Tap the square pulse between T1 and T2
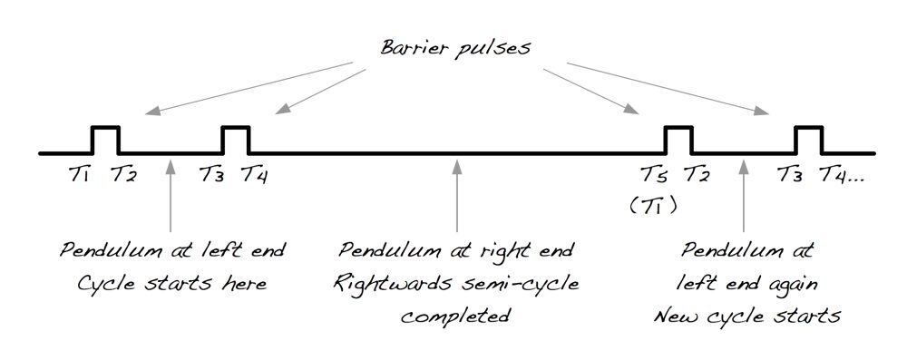pos(105,141)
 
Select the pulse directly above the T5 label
pos(678,141)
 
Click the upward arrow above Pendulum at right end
pos(457,195)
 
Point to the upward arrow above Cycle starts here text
pos(171,195)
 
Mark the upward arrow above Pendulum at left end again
pos(744,195)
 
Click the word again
pos(795,283)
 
